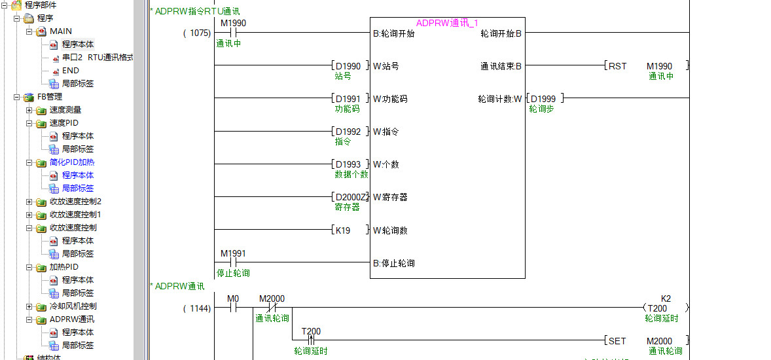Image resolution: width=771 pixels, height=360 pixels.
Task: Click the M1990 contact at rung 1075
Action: click(x=233, y=32)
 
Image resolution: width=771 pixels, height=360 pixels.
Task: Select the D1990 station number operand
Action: click(x=348, y=66)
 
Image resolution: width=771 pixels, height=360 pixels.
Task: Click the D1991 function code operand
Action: click(x=348, y=99)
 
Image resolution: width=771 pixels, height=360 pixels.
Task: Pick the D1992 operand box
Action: click(x=348, y=132)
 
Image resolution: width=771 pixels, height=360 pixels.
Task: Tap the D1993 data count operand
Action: click(x=348, y=164)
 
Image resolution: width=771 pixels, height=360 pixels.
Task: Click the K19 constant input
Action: click(x=343, y=230)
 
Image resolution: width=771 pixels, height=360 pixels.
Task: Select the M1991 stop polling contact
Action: click(x=233, y=262)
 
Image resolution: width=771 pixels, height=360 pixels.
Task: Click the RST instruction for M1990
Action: click(x=617, y=66)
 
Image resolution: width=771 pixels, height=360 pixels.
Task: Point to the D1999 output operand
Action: click(x=543, y=99)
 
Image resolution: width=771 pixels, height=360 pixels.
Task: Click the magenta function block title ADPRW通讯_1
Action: click(x=447, y=23)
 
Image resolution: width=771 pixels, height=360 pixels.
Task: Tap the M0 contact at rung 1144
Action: click(x=233, y=308)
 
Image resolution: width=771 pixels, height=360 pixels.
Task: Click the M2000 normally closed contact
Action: click(x=271, y=308)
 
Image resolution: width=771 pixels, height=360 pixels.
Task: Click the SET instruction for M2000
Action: click(x=617, y=341)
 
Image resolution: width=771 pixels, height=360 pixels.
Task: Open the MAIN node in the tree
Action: click(x=61, y=31)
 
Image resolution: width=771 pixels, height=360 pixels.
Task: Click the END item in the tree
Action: click(x=70, y=70)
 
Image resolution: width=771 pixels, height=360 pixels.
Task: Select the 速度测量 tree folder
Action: click(x=65, y=109)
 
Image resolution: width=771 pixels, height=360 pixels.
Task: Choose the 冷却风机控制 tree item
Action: click(x=73, y=306)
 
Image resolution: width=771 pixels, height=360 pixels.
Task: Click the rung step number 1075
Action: click(x=197, y=33)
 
